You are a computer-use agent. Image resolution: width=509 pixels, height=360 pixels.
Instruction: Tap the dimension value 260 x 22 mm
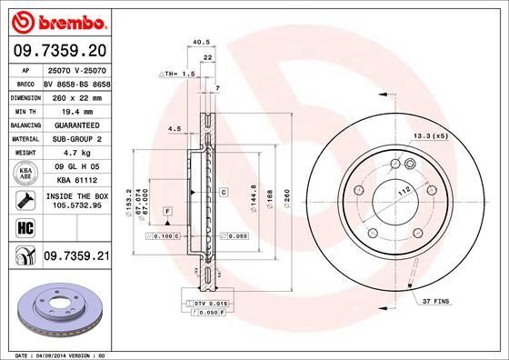(x=76, y=95)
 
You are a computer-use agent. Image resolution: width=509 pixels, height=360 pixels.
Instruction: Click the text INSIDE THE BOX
(x=76, y=194)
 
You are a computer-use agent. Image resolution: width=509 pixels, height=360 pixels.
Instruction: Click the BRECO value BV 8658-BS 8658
(x=76, y=82)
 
